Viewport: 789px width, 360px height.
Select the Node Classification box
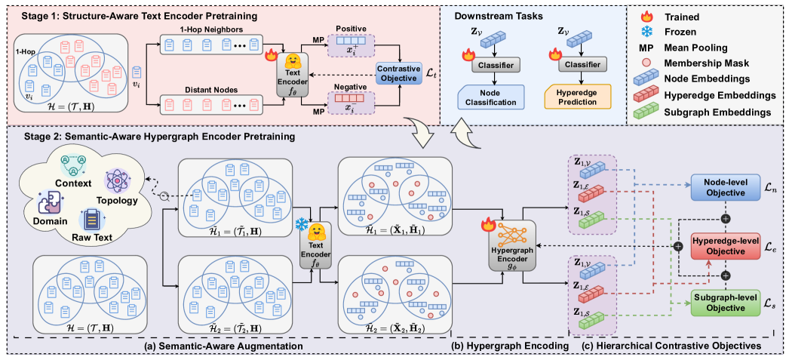[x=489, y=97]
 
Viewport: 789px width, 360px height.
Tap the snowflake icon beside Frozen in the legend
[x=646, y=32]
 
